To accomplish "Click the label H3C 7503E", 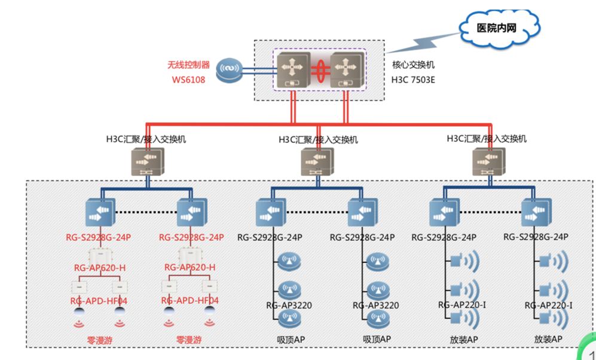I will point(413,78).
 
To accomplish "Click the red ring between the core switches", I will point(319,69).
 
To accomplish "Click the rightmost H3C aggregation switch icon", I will point(488,161).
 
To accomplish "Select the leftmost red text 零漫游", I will point(100,339).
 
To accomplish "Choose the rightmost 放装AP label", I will point(548,339).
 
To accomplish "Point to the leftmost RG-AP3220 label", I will point(289,306).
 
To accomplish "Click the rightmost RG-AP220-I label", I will point(549,306).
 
